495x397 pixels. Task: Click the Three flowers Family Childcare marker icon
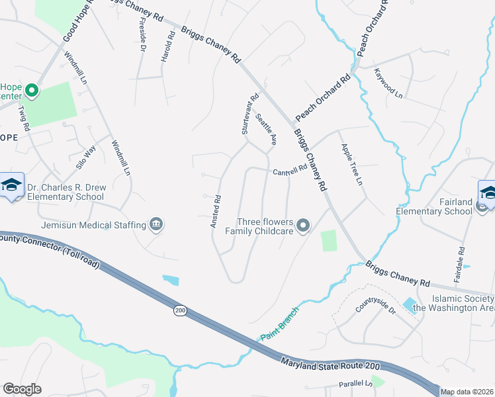pyautogui.click(x=303, y=226)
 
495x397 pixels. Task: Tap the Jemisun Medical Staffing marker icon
pyautogui.click(x=156, y=225)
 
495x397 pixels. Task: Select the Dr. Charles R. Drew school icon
pyautogui.click(x=11, y=187)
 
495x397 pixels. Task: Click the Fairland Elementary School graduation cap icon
pyautogui.click(x=486, y=193)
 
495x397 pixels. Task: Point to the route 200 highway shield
pyautogui.click(x=180, y=310)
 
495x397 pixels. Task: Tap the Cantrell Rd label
pyautogui.click(x=290, y=170)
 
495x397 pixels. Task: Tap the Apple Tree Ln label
pyautogui.click(x=351, y=164)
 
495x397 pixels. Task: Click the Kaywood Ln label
pyautogui.click(x=388, y=83)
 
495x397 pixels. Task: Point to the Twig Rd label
pyautogui.click(x=24, y=118)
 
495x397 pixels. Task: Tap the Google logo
pyautogui.click(x=22, y=389)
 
